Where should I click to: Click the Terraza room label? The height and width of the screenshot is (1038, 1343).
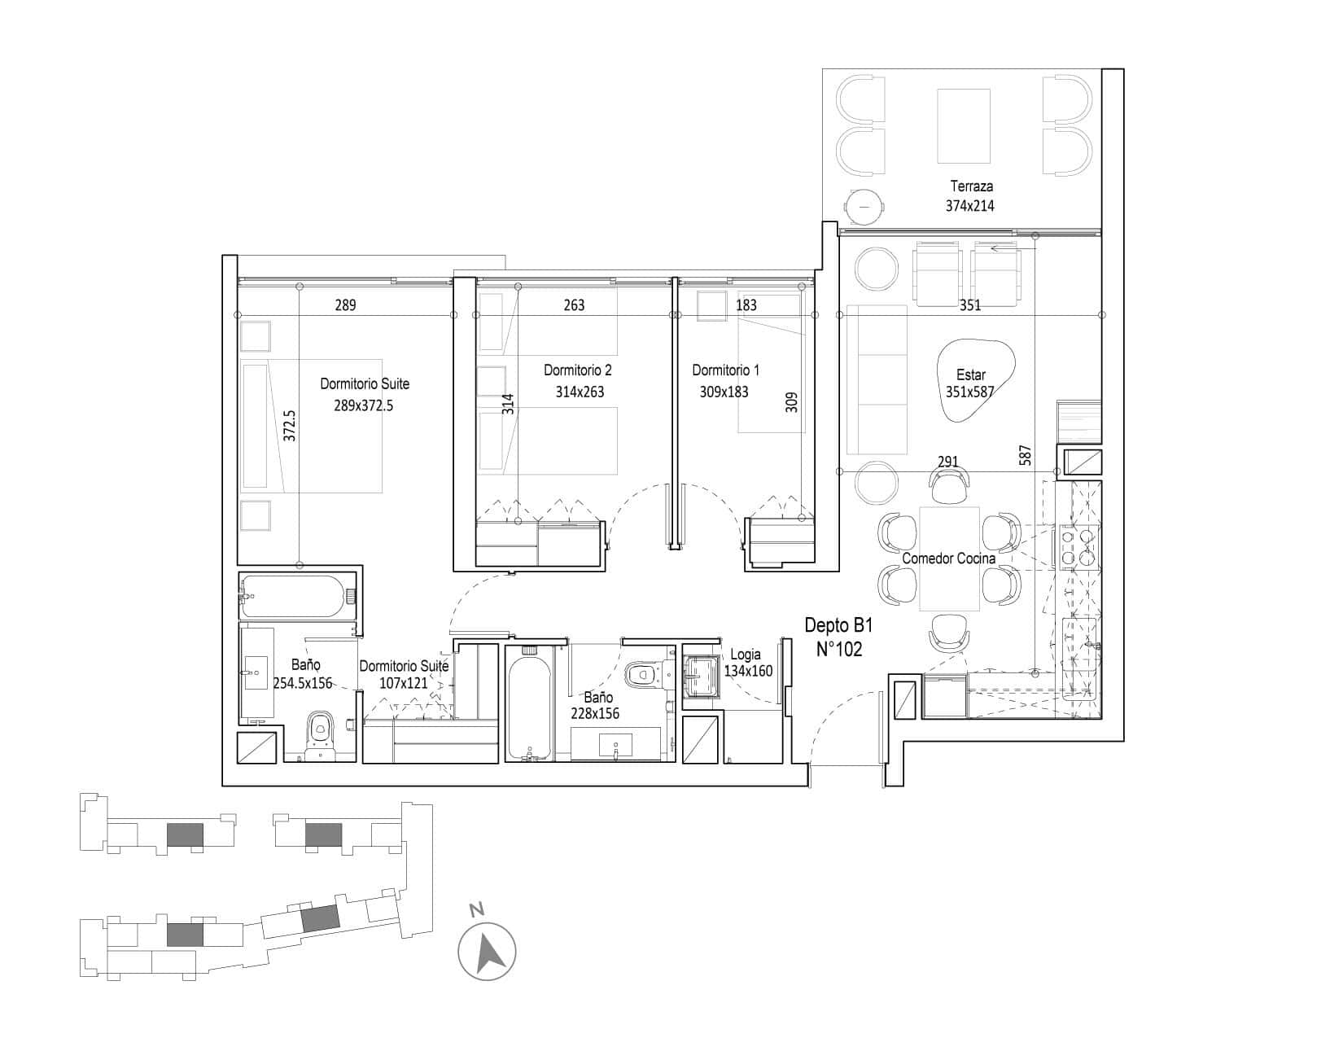click(x=971, y=186)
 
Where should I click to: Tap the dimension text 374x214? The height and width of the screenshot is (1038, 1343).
click(x=969, y=206)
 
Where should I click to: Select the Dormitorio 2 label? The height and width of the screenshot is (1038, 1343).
click(x=577, y=370)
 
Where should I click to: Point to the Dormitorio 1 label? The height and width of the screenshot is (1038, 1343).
click(x=725, y=370)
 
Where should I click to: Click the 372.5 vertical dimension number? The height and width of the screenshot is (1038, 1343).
click(x=289, y=425)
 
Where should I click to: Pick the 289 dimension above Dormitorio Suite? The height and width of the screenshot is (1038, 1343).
click(x=345, y=304)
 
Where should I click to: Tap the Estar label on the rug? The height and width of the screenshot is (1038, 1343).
click(x=970, y=374)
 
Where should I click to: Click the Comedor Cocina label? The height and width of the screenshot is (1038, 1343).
click(x=948, y=558)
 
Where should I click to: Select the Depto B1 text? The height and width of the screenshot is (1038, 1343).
click(x=838, y=625)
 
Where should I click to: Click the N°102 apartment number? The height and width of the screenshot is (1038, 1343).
click(x=838, y=649)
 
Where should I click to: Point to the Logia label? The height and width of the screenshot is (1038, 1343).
click(x=746, y=654)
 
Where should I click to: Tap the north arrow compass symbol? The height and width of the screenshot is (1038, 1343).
click(x=487, y=952)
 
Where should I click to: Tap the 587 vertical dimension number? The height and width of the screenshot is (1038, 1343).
click(x=1025, y=455)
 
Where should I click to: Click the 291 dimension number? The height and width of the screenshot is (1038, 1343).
click(x=947, y=462)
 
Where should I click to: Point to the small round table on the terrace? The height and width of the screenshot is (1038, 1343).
click(x=864, y=206)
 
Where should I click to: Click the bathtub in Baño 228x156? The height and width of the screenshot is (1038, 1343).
click(x=529, y=703)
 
